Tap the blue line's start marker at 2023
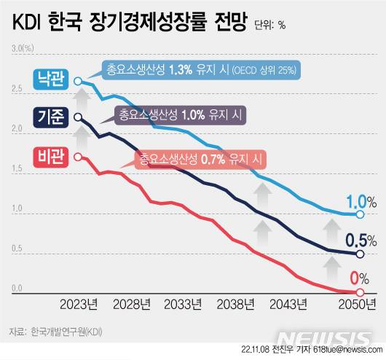[x=79, y=82]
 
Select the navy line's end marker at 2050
[x=360, y=254]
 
